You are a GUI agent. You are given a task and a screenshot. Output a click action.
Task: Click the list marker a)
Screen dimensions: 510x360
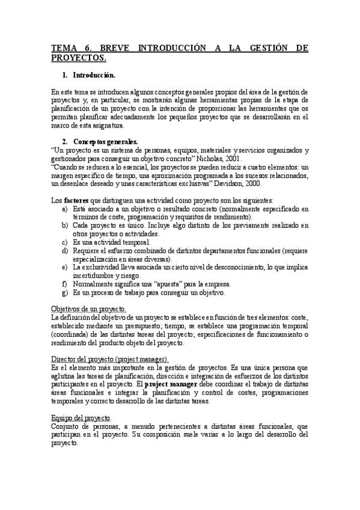(65, 208)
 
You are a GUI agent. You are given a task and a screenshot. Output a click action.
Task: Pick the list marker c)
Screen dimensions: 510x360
(65, 242)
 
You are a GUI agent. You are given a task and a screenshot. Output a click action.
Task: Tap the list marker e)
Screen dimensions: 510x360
(65, 266)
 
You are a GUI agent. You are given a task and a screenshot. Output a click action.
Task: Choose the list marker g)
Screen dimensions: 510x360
(65, 292)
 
